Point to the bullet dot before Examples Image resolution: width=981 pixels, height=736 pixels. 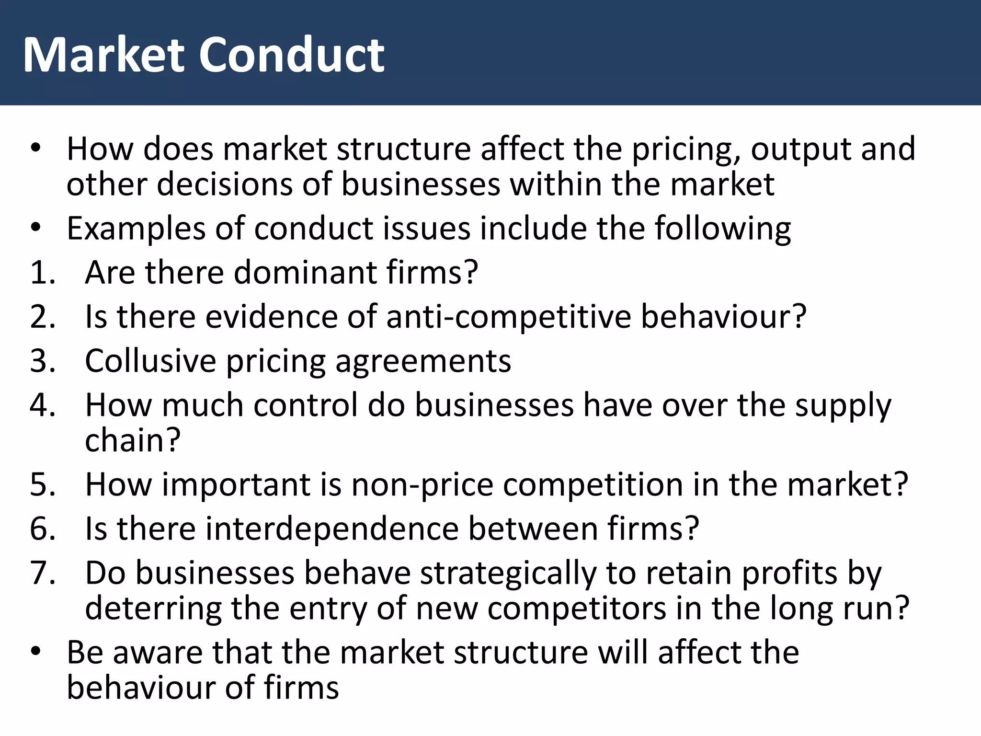36,229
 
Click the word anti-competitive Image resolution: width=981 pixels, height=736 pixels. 508,317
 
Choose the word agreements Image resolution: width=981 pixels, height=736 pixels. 423,362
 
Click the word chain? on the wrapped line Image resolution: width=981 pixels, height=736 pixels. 133,440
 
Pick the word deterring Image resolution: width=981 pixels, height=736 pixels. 153,609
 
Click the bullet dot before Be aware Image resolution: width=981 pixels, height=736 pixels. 36,653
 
